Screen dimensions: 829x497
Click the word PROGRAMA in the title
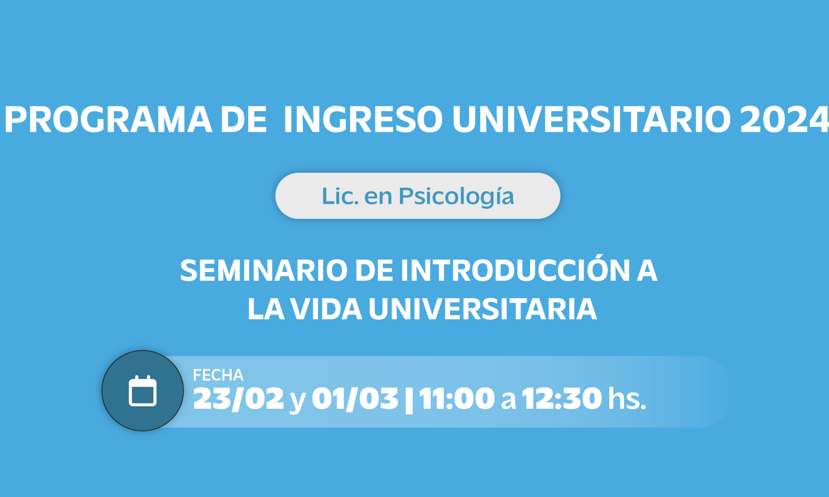(x=108, y=120)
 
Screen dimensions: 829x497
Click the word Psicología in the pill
(x=456, y=197)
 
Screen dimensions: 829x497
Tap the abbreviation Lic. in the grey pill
(x=340, y=196)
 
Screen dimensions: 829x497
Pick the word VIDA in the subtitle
(x=326, y=309)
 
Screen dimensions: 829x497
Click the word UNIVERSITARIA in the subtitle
(x=483, y=309)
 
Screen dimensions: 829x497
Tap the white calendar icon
(x=143, y=391)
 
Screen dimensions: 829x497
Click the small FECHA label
(x=218, y=375)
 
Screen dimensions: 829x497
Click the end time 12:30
(x=562, y=399)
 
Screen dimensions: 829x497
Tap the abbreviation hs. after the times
(x=627, y=398)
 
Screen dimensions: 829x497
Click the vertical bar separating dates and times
(x=409, y=400)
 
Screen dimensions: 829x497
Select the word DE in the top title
(x=244, y=120)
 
